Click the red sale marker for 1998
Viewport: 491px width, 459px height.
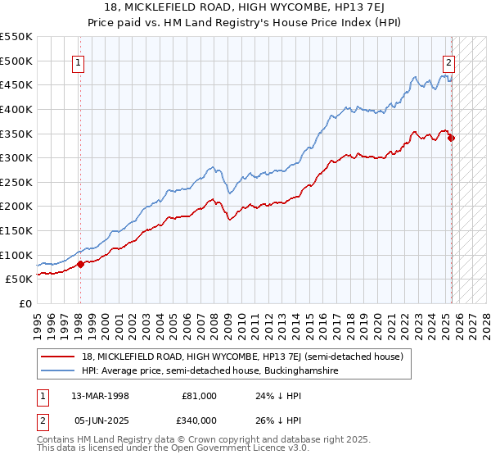[x=80, y=264]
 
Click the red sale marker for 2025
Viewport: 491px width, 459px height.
[x=451, y=138]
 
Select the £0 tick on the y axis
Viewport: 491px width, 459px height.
[x=25, y=303]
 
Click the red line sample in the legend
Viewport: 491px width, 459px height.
[x=57, y=357]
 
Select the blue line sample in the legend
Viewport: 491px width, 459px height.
[x=57, y=371]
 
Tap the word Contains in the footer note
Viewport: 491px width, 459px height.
[x=56, y=440]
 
